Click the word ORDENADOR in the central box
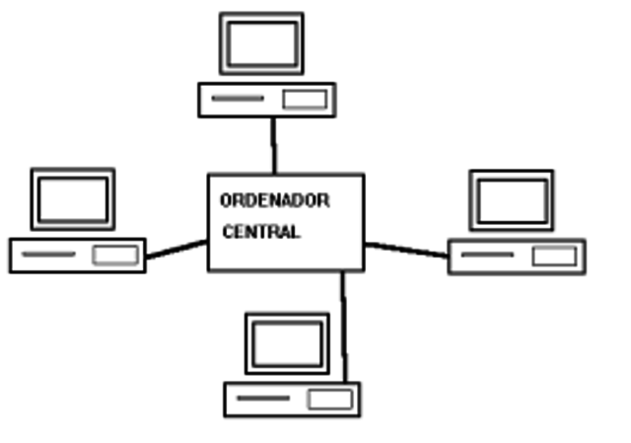click(275, 200)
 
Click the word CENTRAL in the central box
click(260, 233)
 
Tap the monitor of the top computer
click(261, 44)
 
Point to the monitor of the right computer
click(511, 200)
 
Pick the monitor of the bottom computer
click(287, 345)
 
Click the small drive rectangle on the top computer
click(305, 99)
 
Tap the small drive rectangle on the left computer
click(115, 255)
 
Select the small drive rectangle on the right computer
click(554, 257)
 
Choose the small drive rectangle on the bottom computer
click(329, 399)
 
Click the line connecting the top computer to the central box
click(273, 145)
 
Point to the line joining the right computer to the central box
click(406, 250)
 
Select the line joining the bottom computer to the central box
click(343, 326)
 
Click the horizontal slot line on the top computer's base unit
click(238, 99)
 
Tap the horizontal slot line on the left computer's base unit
click(48, 255)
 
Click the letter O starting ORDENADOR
click(226, 200)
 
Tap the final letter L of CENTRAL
click(295, 233)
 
